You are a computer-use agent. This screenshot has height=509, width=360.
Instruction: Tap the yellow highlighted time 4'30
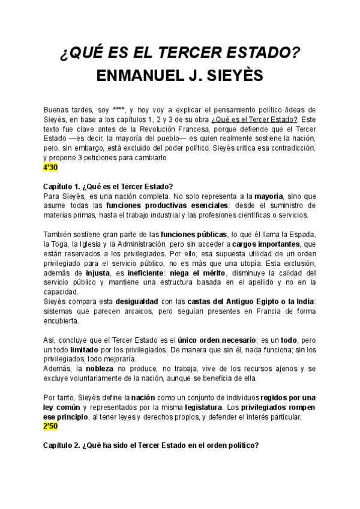click(50, 166)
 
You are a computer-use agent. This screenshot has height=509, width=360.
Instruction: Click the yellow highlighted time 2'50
click(50, 426)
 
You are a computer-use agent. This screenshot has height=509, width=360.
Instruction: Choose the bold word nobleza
click(100, 369)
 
